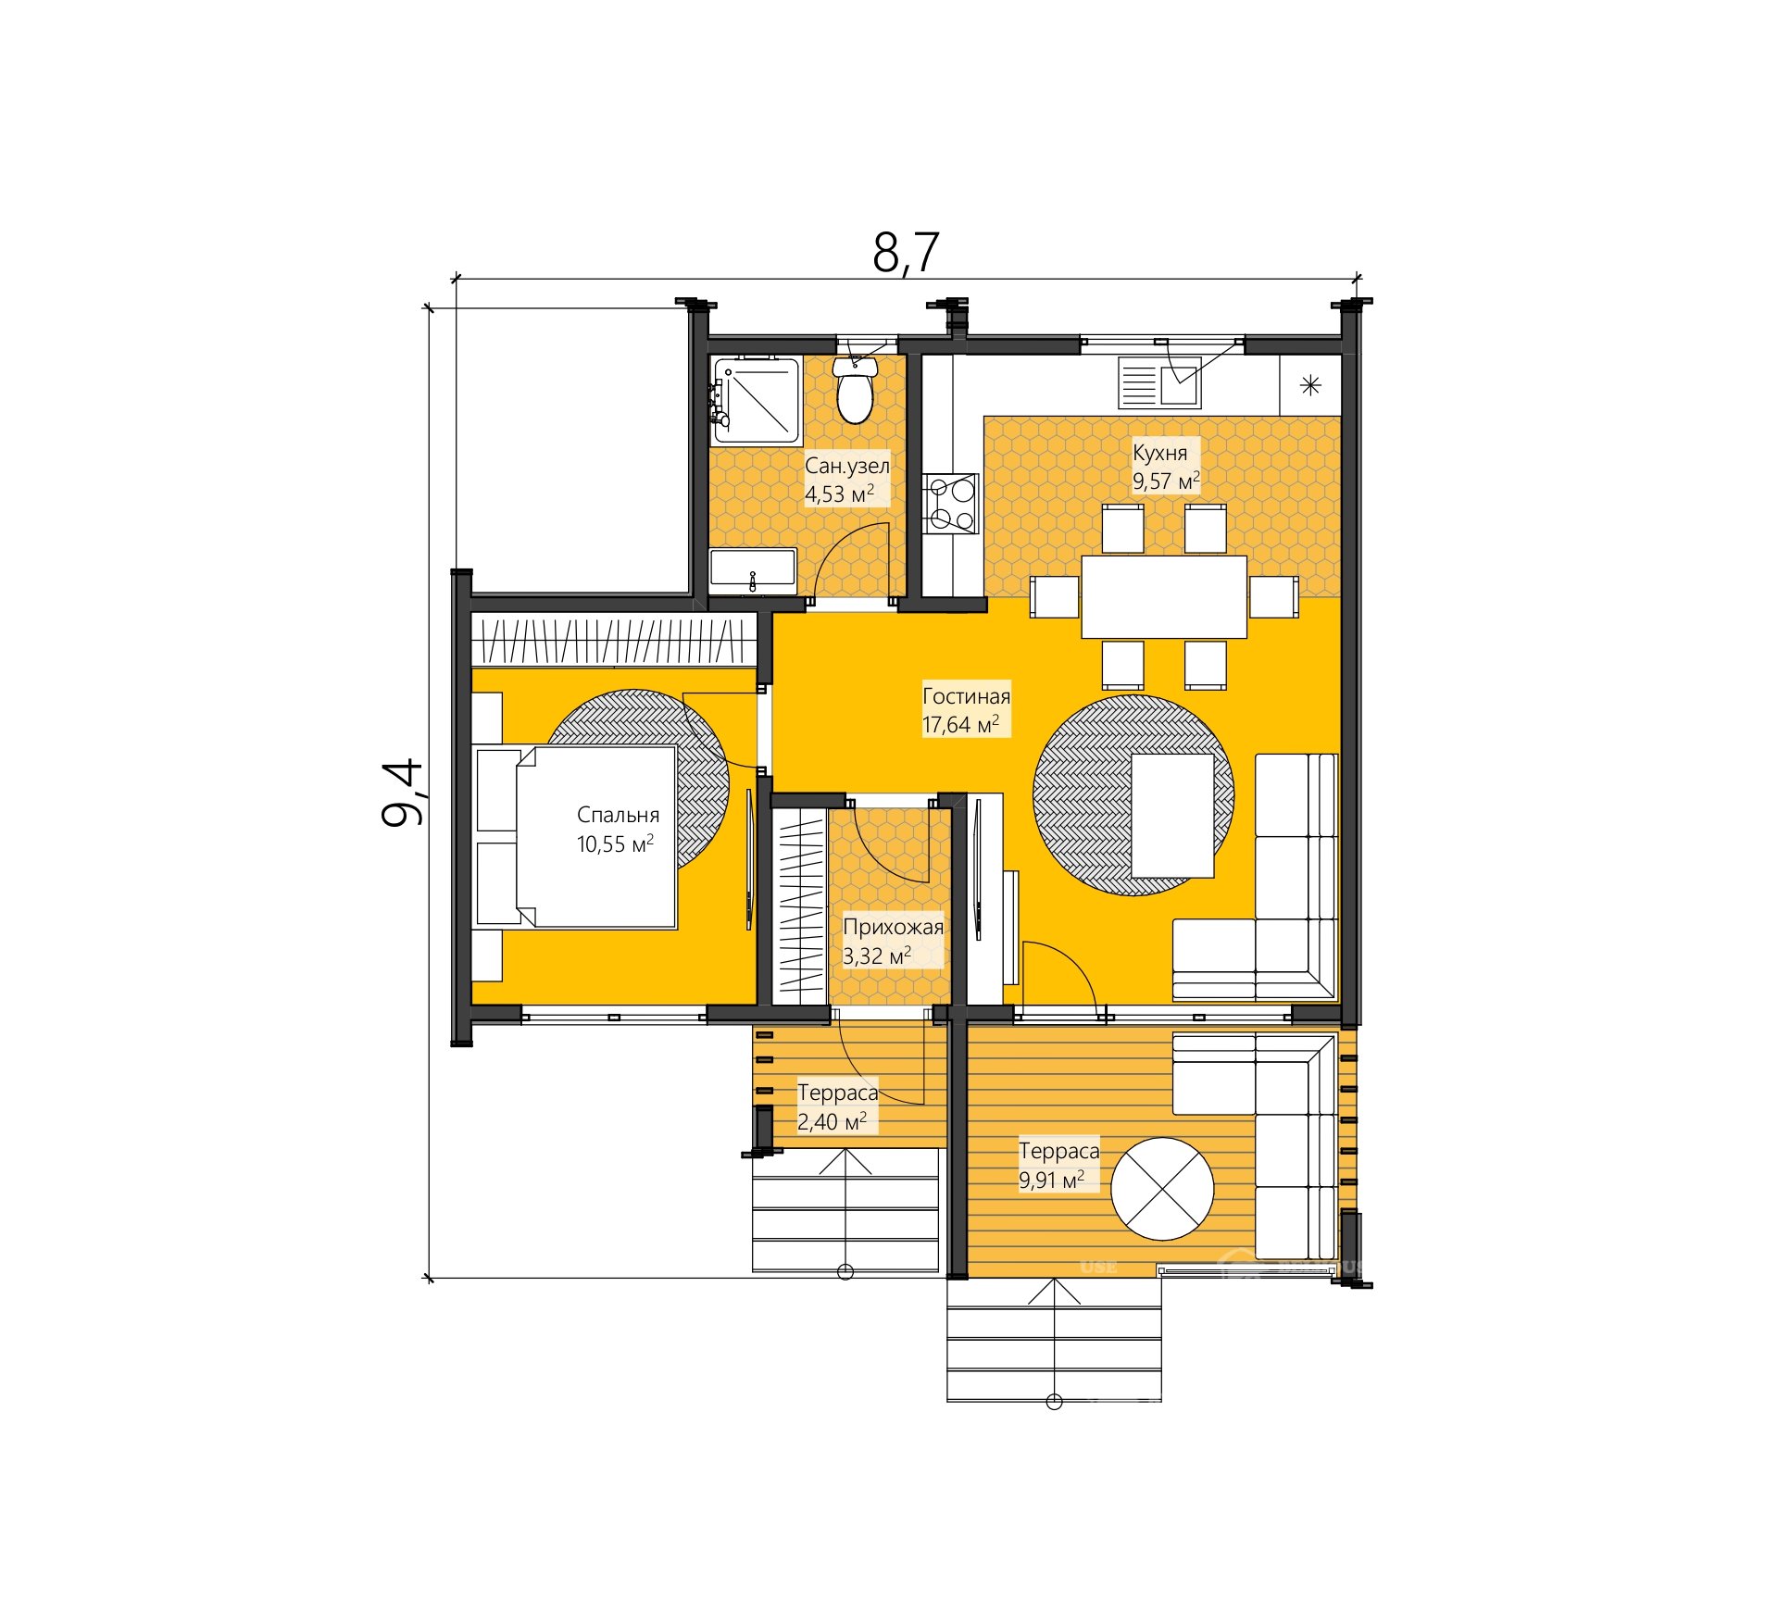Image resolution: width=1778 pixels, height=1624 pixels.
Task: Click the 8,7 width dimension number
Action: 906,252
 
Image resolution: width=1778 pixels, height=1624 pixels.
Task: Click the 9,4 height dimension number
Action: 402,793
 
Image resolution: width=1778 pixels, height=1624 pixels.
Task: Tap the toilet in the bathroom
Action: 855,391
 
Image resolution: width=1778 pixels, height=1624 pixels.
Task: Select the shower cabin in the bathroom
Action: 756,400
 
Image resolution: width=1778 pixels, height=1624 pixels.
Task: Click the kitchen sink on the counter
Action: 1159,382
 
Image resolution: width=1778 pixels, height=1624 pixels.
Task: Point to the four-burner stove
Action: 950,504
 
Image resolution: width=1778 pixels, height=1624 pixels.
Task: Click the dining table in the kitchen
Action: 1164,596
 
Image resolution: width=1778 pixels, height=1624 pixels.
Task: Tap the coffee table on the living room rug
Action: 1171,815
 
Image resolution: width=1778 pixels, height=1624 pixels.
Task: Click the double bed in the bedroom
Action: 575,837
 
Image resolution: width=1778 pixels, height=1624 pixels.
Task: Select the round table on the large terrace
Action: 1162,1189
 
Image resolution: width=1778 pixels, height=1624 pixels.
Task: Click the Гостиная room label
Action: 966,696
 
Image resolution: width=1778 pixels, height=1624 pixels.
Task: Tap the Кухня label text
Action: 1159,453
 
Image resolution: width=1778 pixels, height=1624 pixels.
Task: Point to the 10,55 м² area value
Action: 615,843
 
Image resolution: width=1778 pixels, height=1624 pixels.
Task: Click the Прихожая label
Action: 893,927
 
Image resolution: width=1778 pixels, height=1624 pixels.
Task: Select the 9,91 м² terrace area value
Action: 1051,1180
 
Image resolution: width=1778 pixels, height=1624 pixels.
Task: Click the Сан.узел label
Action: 846,466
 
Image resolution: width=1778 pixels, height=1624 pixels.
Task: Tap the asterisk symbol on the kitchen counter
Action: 1310,385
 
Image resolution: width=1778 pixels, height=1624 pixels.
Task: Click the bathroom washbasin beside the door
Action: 753,571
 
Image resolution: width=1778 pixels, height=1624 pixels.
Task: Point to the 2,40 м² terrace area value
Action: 832,1121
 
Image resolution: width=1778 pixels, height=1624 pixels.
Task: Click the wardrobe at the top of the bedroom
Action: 615,639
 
